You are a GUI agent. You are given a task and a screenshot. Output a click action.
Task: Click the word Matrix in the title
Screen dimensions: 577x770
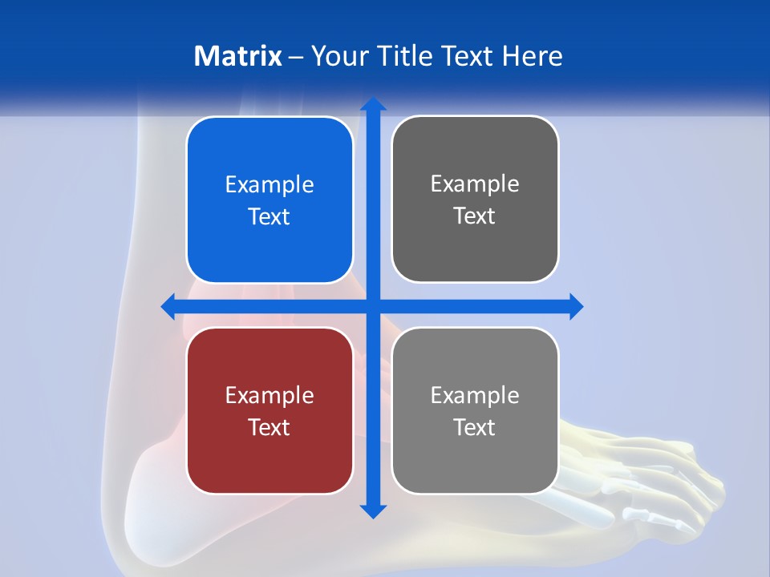click(x=238, y=56)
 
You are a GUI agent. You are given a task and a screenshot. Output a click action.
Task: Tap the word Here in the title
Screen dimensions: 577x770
click(x=533, y=56)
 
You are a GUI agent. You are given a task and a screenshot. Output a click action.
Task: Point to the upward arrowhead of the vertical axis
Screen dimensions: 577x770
click(x=373, y=104)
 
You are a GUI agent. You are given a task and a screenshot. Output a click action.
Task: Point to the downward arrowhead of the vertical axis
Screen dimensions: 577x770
click(x=373, y=511)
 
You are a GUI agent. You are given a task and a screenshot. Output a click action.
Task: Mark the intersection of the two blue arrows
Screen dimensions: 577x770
click(x=373, y=306)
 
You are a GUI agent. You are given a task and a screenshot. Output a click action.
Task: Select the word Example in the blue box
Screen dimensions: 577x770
click(x=269, y=184)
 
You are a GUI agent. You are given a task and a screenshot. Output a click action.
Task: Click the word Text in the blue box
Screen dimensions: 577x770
click(x=269, y=216)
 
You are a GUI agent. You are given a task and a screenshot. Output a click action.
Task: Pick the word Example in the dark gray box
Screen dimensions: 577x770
click(x=475, y=184)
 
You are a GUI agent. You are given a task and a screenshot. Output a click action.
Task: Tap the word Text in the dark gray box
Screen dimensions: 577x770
click(x=475, y=216)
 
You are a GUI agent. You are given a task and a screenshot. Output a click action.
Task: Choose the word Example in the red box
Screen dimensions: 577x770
click(x=269, y=395)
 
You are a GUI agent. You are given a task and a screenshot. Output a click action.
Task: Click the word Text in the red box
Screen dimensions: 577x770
click(x=269, y=427)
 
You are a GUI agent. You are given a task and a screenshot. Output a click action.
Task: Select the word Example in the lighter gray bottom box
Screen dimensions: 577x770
click(x=475, y=395)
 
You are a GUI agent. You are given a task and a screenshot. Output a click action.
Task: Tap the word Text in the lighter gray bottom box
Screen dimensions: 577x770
click(x=475, y=427)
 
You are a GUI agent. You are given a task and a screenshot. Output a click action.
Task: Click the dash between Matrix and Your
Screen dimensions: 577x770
click(x=296, y=57)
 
